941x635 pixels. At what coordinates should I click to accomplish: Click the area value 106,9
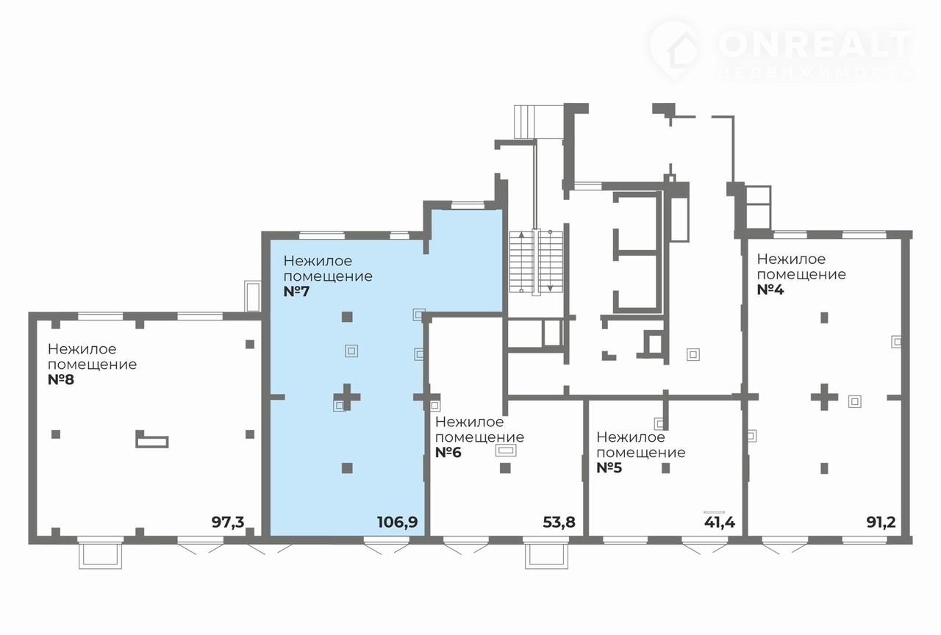(398, 523)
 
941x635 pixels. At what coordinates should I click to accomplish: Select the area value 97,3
(228, 523)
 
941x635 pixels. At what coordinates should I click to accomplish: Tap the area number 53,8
(559, 523)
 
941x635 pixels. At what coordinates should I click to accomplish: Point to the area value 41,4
(720, 523)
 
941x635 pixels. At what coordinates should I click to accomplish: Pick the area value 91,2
(881, 523)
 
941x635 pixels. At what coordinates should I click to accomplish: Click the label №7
(296, 292)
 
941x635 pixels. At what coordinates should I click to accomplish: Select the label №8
(61, 380)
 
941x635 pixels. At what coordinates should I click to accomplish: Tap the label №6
(448, 452)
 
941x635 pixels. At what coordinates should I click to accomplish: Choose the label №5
(609, 468)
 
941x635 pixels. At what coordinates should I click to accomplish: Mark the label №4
(770, 290)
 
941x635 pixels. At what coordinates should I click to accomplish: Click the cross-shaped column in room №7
(347, 397)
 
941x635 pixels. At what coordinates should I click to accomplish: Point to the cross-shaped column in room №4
(825, 397)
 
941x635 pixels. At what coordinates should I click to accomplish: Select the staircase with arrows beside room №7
(536, 262)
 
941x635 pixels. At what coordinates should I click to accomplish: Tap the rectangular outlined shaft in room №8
(152, 440)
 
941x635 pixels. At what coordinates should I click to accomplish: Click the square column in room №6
(505, 468)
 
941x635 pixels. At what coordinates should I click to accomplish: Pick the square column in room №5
(666, 468)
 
